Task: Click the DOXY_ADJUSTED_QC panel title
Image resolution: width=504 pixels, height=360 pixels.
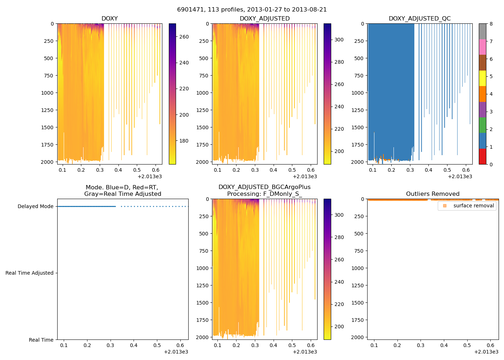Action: tap(419, 19)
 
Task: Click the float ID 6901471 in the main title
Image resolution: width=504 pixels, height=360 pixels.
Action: tap(190, 10)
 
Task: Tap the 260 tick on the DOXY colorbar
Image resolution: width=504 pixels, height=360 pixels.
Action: tap(184, 37)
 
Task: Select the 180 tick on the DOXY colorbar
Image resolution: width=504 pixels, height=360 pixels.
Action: tap(184, 141)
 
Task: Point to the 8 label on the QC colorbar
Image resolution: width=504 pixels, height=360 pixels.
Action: tap(491, 24)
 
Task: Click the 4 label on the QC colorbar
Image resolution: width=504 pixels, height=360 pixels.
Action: tap(491, 94)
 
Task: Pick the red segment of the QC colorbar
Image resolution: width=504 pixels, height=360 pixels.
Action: tap(482, 157)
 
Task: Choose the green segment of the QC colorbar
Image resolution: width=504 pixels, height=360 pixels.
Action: tap(482, 125)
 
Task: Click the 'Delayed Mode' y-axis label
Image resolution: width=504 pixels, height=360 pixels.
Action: tap(35, 206)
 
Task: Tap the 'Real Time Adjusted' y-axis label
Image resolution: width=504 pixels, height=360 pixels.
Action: tap(29, 273)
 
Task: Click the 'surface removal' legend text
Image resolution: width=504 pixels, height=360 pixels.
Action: tap(473, 206)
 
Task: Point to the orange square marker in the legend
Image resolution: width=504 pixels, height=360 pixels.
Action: tap(445, 206)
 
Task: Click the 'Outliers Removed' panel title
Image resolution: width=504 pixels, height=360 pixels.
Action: tap(433, 194)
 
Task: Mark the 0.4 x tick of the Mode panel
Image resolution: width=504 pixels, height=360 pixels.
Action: tap(134, 346)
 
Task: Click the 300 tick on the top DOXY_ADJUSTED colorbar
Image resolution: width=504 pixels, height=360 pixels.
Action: tap(339, 40)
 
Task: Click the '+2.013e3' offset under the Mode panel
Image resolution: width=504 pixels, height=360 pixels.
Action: tap(176, 352)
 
